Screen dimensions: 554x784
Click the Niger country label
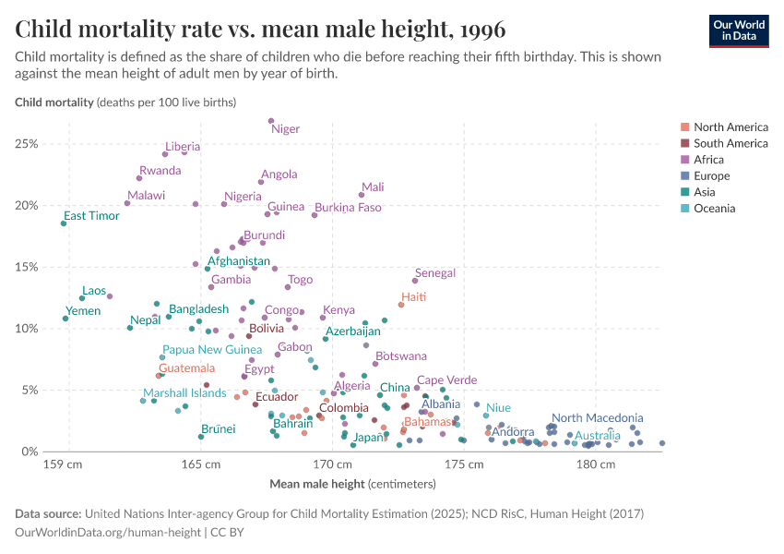[285, 129]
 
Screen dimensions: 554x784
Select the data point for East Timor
[64, 223]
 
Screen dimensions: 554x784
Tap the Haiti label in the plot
[413, 296]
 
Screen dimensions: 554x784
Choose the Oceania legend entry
[714, 209]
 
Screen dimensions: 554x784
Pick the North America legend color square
[684, 127]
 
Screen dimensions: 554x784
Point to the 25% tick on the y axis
[27, 144]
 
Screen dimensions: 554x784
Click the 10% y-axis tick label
[27, 329]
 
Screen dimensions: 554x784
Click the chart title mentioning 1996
[260, 29]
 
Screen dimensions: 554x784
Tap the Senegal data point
[415, 281]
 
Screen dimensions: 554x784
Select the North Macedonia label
[597, 418]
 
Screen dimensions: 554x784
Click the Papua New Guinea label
[212, 350]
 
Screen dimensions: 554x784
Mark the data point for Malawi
[127, 203]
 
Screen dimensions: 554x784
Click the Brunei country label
[219, 428]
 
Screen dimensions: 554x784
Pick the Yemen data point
[65, 319]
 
